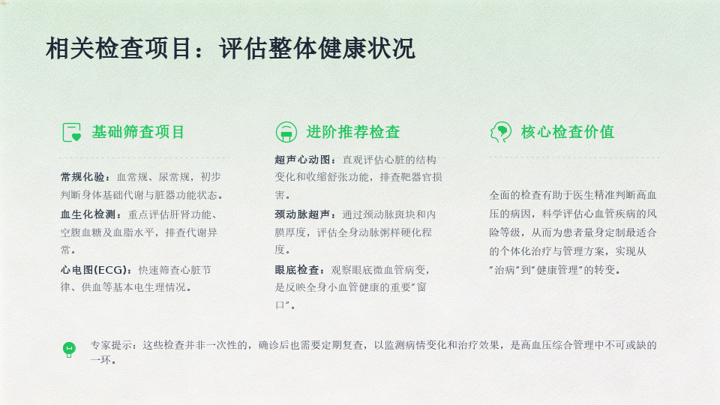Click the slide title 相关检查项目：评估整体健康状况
[x=230, y=48]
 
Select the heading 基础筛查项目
[x=138, y=132]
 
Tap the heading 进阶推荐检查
[x=352, y=132]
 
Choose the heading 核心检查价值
[x=567, y=132]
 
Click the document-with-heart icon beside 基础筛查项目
[x=72, y=132]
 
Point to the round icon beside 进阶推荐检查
[x=286, y=132]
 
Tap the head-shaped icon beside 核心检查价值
[x=500, y=132]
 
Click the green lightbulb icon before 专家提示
[x=69, y=350]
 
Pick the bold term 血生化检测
[x=88, y=214]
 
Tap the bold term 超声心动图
[x=302, y=160]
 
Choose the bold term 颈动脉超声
[x=302, y=214]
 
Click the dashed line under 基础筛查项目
[x=145, y=157]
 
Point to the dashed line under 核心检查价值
[x=574, y=157]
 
